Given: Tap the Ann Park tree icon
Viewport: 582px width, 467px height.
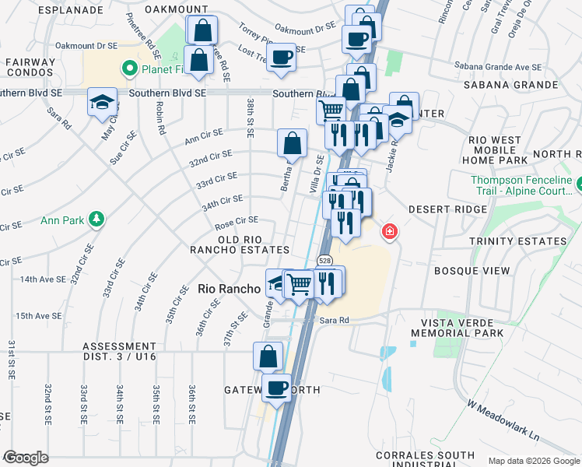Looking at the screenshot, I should point(96,220).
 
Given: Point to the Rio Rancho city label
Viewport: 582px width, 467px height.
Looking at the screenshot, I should point(229,288).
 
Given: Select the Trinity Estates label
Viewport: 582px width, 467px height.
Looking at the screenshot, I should point(517,241).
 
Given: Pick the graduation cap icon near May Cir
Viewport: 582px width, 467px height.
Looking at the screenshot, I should point(102,102).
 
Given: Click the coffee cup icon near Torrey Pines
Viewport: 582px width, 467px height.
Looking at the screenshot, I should point(281,56).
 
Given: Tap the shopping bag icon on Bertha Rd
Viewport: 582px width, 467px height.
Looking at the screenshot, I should point(292,143).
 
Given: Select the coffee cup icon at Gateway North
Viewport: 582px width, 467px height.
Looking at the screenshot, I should point(275,387).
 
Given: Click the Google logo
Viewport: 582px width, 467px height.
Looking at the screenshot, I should point(26,457).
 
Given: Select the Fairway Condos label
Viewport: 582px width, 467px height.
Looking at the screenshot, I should point(30,68).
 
